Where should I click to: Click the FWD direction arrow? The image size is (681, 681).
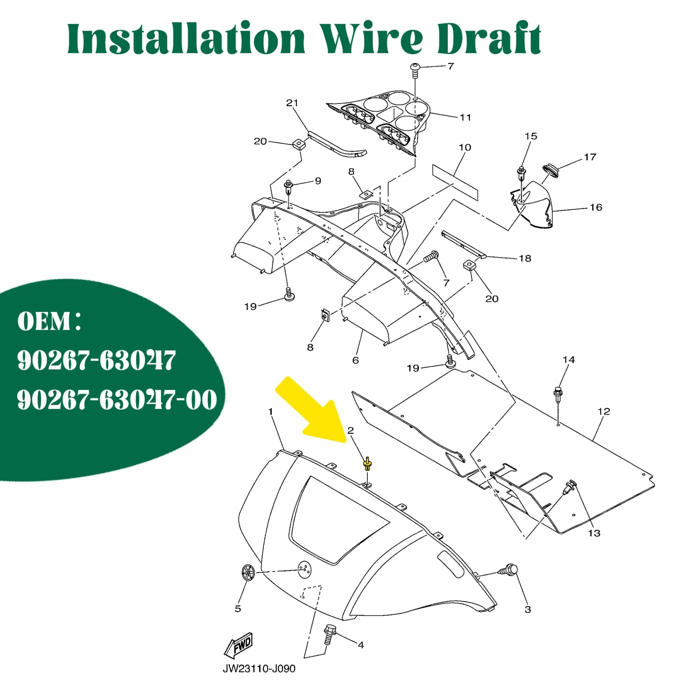[x=239, y=646]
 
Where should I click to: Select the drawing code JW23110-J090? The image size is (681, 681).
[x=259, y=669]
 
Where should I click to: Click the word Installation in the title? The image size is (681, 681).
[x=186, y=39]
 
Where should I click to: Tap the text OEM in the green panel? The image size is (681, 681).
[x=44, y=321]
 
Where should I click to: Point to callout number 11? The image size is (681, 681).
[x=465, y=117]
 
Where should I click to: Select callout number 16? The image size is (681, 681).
[x=596, y=207]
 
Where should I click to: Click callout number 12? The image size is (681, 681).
[x=604, y=411]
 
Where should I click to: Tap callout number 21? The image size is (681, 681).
[x=292, y=103]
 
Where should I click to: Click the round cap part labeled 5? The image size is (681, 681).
[x=248, y=572]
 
